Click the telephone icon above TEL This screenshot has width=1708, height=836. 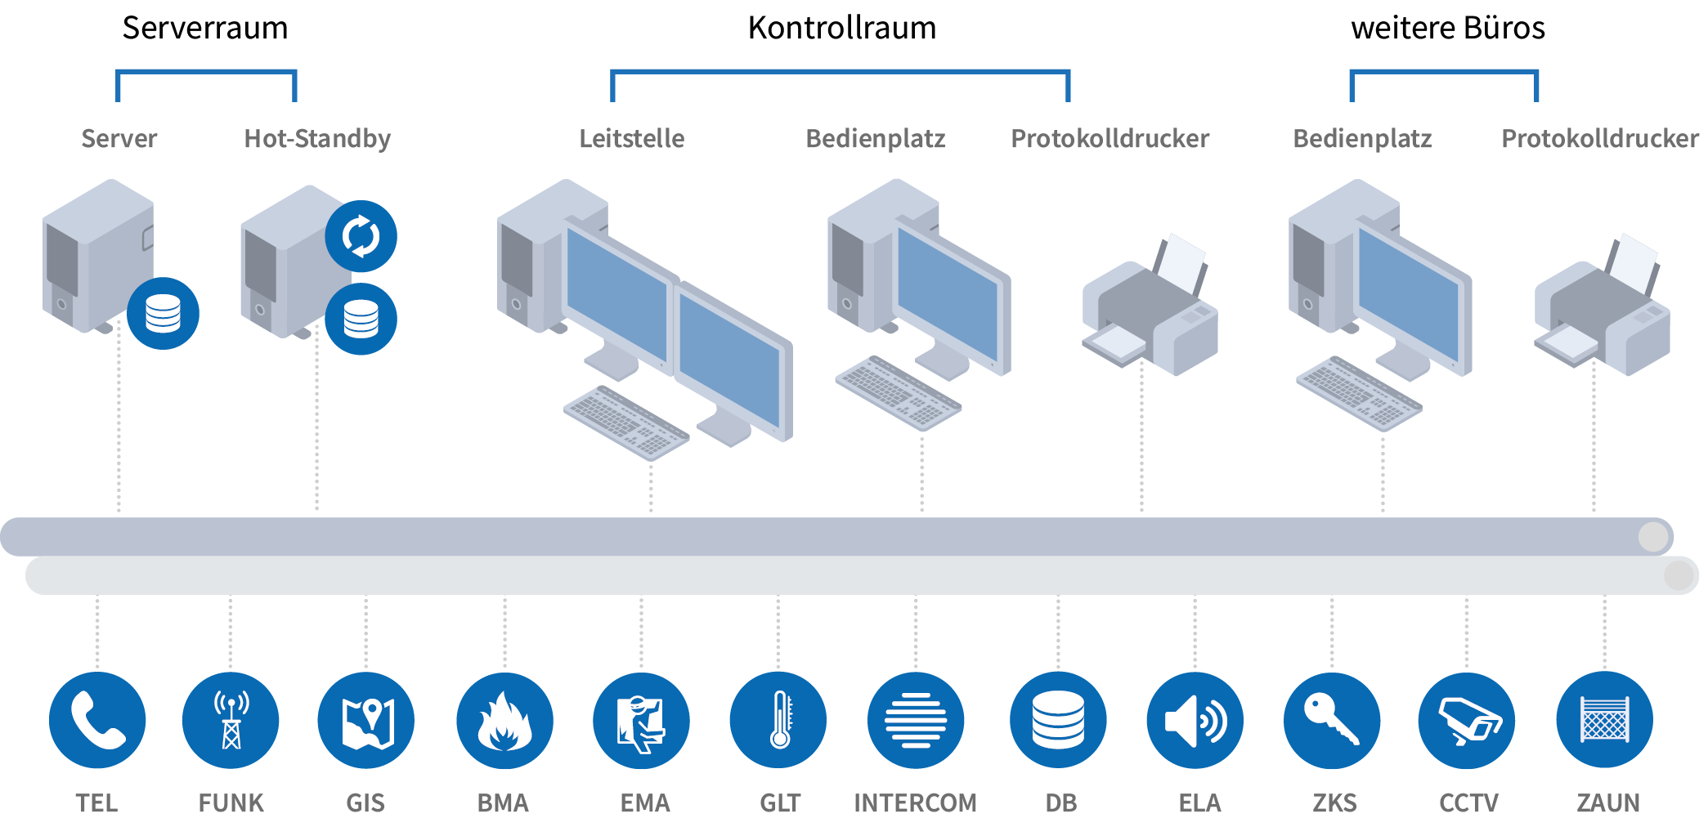97,720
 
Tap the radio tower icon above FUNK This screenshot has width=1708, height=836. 231,720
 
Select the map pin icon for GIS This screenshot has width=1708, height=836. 366,720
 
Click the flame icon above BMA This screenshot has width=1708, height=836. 504,720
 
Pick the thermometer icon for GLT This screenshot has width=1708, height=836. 778,720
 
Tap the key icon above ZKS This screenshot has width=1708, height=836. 1332,720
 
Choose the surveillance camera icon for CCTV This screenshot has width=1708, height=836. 1467,720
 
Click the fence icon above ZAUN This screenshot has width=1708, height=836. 1605,720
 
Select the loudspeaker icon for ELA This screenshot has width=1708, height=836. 1195,720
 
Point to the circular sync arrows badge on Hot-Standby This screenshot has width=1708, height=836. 361,236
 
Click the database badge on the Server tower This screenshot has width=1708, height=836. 163,314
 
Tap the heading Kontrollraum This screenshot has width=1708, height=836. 842,28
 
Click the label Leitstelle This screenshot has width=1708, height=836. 632,138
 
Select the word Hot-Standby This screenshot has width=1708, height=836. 317,139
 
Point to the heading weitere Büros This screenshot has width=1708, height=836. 1448,28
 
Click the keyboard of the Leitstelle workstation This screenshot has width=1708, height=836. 626,422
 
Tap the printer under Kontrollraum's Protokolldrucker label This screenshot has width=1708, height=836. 1150,305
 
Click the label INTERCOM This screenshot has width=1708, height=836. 915,802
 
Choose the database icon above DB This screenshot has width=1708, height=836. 1058,720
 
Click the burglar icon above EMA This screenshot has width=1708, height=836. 641,720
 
